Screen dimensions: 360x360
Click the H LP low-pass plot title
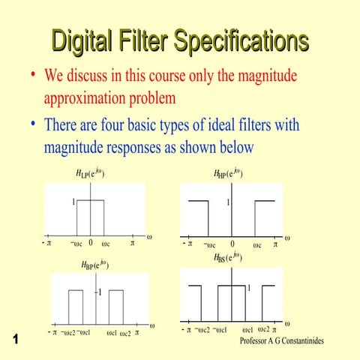[90, 174]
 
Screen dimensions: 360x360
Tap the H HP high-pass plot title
[229, 174]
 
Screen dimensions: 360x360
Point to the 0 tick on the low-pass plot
[90, 243]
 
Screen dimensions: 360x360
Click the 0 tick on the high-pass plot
[232, 244]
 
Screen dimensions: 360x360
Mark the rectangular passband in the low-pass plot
[90, 217]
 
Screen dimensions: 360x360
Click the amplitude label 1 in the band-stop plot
[249, 286]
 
